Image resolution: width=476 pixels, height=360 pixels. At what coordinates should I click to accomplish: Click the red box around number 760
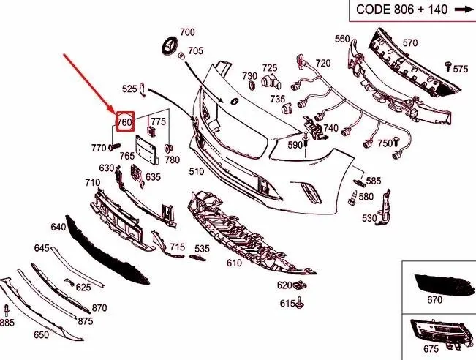click(x=116, y=121)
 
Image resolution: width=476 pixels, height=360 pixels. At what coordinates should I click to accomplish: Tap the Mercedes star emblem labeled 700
click(x=170, y=46)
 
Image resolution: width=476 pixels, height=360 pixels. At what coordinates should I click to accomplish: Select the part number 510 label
click(x=197, y=172)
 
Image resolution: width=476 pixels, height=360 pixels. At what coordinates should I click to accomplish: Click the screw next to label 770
click(x=114, y=147)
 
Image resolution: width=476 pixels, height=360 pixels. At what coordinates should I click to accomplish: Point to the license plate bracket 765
click(x=147, y=149)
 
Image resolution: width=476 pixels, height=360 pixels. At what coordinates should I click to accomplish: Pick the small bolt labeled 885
click(x=7, y=310)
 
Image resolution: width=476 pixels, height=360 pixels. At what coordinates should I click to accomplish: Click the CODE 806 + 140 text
click(x=401, y=10)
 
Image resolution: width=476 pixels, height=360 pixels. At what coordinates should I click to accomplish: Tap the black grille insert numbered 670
click(x=444, y=285)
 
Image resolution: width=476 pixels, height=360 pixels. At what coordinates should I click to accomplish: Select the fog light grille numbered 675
click(x=442, y=333)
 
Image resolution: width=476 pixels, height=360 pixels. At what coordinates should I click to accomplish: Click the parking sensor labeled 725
click(x=271, y=80)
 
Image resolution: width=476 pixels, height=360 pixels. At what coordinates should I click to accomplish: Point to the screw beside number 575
click(x=448, y=66)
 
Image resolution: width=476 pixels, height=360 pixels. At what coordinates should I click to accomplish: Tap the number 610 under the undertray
click(x=234, y=263)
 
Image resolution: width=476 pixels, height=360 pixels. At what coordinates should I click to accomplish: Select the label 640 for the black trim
click(x=58, y=227)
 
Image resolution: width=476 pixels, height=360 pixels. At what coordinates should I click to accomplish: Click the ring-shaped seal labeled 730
click(x=252, y=85)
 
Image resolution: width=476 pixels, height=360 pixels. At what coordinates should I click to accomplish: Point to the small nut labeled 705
click(x=181, y=56)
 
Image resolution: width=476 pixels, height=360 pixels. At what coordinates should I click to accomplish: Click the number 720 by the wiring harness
click(x=322, y=63)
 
